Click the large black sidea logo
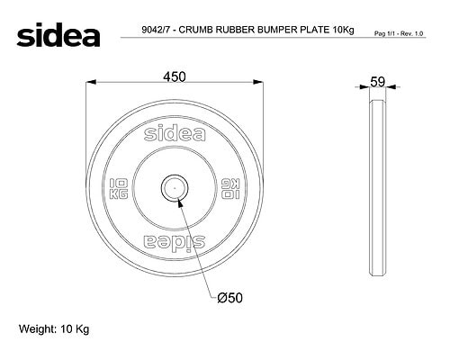pos(58,35)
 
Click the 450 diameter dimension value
pos(175,76)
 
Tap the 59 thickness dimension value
pos(377,82)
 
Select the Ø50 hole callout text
pos(229,298)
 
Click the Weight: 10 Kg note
pos(54,329)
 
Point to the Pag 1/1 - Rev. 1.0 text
pos(399,33)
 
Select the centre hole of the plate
pos(175,188)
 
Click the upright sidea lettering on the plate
pos(175,132)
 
